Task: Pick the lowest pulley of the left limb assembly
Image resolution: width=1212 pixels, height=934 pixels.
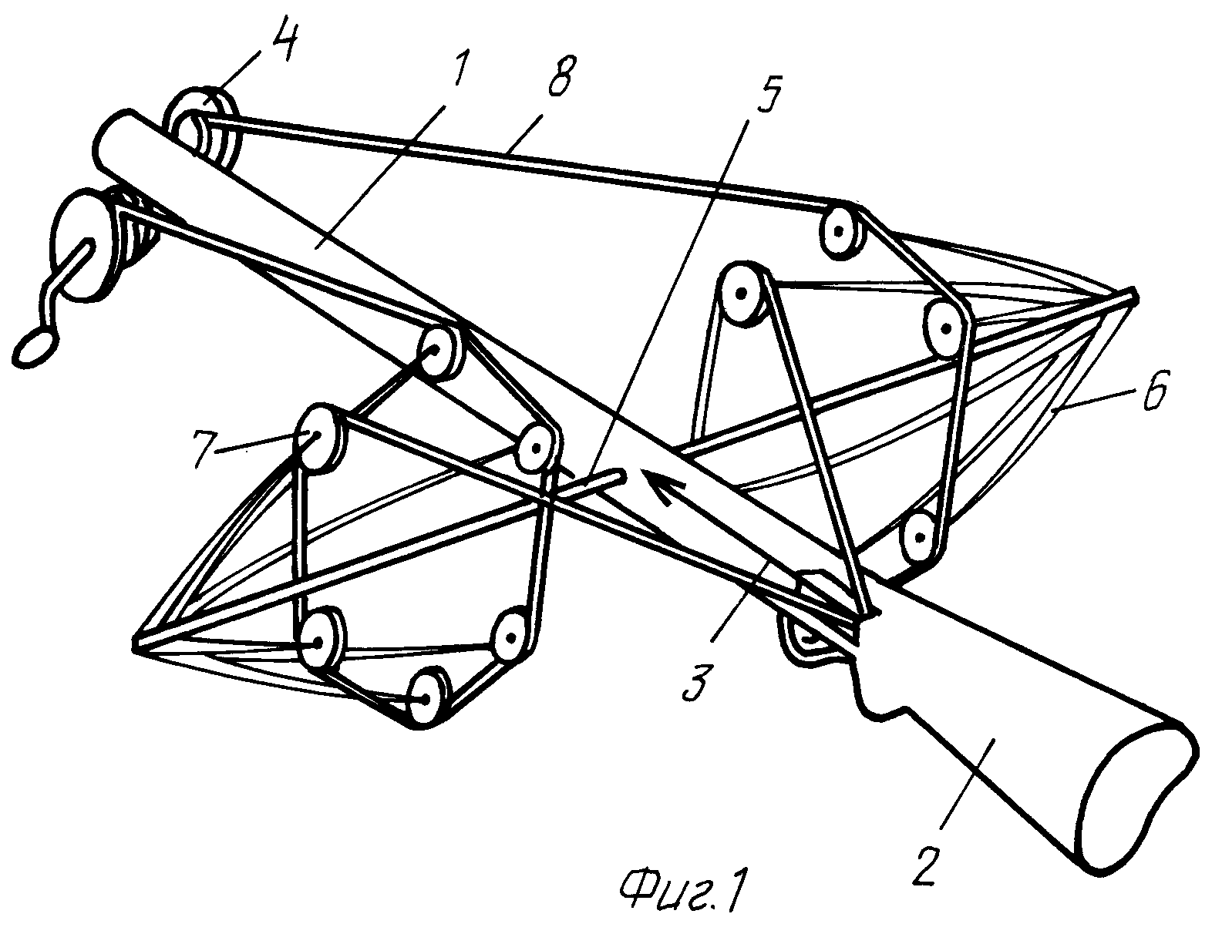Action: (426, 696)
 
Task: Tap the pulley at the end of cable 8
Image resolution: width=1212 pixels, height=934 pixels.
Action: (839, 227)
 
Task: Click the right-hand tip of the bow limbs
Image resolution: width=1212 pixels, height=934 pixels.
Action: (1132, 296)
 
